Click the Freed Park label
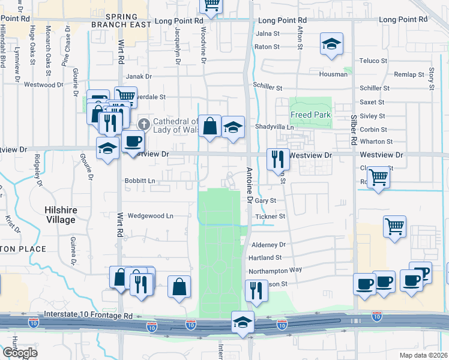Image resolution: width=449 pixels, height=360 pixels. [310, 115]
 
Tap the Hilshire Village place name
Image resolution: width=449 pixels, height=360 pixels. [61, 215]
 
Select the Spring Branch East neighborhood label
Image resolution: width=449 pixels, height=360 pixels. [118, 20]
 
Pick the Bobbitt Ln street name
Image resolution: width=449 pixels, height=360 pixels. [140, 181]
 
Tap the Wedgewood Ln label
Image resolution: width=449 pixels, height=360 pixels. [151, 215]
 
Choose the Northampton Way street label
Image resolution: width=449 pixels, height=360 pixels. [276, 270]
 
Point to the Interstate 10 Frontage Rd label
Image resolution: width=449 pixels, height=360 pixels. [88, 315]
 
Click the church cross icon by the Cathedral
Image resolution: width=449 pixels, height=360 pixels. [143, 125]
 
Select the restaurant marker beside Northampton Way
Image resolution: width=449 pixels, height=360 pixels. [256, 291]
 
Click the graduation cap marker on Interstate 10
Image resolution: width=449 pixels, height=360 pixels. [243, 322]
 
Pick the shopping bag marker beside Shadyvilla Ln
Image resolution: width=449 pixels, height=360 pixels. [209, 126]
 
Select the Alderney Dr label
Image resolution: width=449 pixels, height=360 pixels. [269, 245]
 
